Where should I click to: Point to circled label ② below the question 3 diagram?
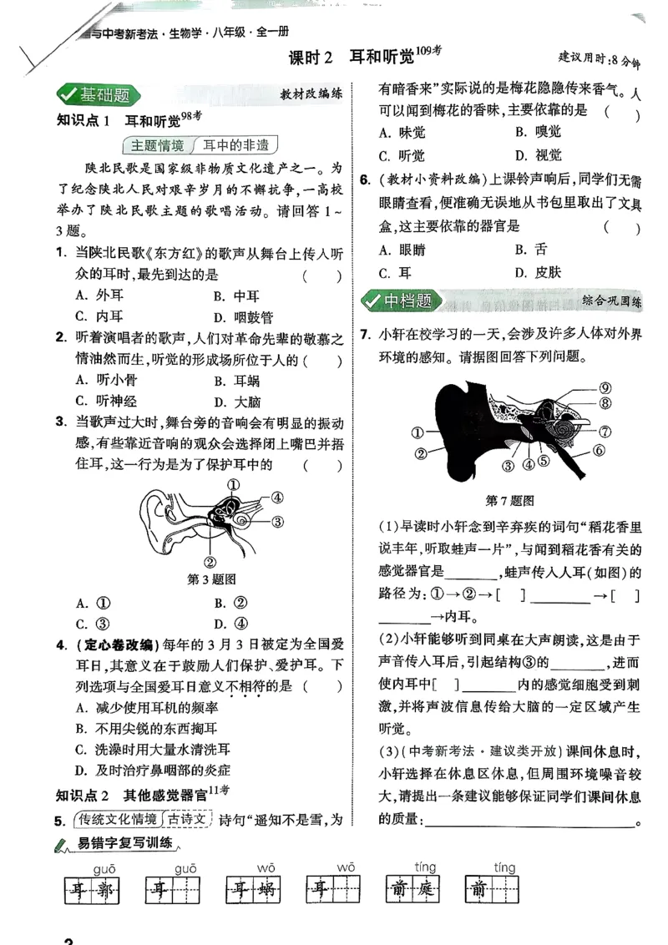tap(210, 562)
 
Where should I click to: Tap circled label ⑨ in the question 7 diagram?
tap(605, 387)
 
